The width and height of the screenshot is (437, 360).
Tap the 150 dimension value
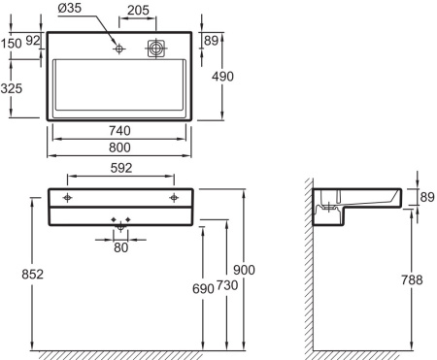[x=12, y=44]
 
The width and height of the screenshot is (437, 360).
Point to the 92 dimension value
[x=34, y=42]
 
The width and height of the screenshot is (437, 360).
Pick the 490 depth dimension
[x=225, y=78]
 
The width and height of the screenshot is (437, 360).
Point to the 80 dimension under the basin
[x=120, y=246]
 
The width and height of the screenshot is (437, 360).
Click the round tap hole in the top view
[x=119, y=48]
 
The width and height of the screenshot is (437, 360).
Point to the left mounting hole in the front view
[x=67, y=198]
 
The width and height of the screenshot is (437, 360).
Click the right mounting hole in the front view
[x=174, y=198]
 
